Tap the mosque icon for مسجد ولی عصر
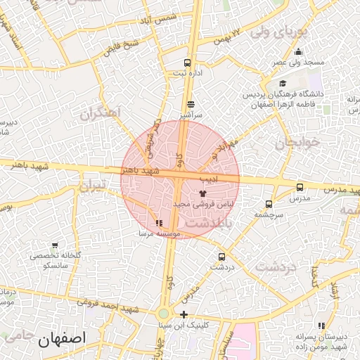(299, 51)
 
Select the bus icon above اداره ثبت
(186, 62)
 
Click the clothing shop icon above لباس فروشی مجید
(202, 192)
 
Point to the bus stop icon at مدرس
(300, 187)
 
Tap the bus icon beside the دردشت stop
(222, 257)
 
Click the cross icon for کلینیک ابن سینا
(184, 314)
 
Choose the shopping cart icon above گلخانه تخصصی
(55, 245)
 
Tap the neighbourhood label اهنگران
(101, 112)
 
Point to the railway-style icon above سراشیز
(190, 103)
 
